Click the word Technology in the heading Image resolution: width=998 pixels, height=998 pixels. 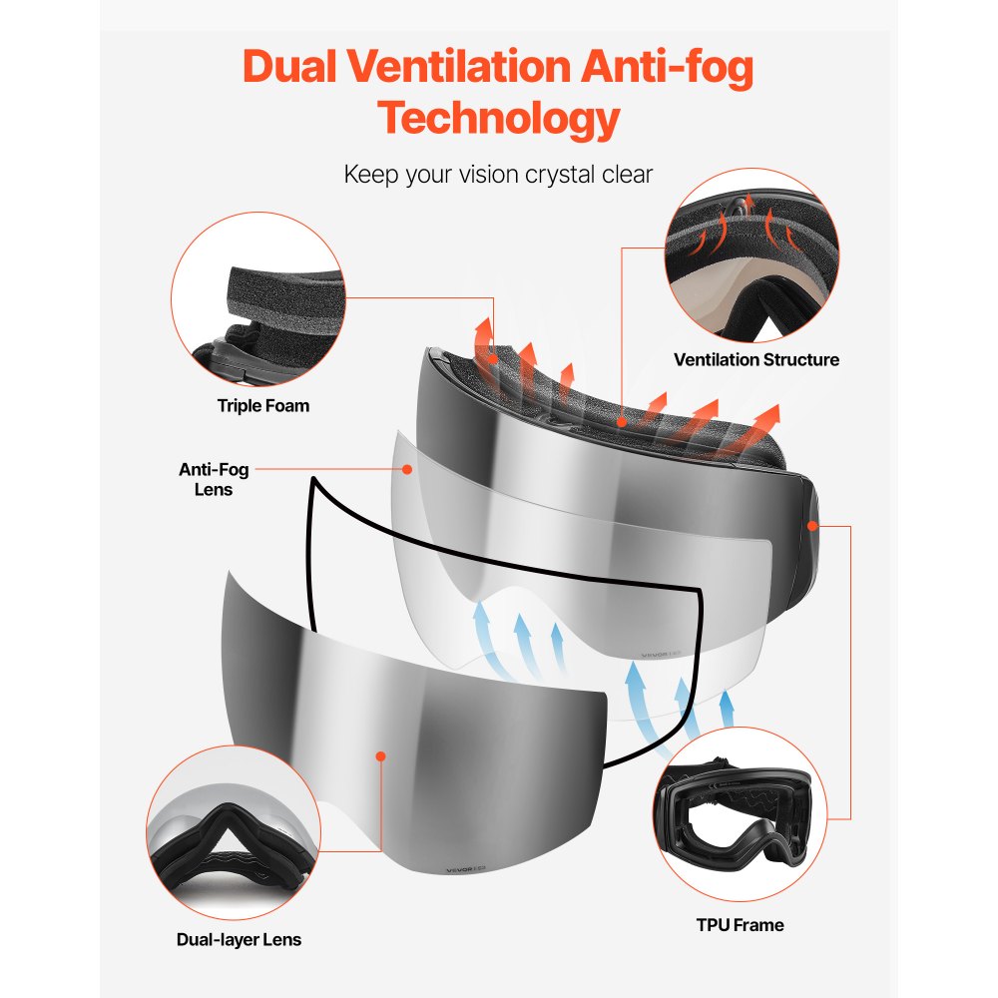point(498,118)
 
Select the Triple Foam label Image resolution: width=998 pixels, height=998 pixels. point(263,405)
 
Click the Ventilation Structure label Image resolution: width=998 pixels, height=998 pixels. point(755,359)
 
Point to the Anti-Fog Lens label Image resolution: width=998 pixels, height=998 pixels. point(214,479)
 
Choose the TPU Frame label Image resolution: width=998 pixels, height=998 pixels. point(740,925)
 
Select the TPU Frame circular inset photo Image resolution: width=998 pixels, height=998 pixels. point(744,813)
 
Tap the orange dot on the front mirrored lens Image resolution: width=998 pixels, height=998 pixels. point(380,756)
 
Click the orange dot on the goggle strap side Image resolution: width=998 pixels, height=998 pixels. point(811,524)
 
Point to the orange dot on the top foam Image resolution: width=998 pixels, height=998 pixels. point(623,423)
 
